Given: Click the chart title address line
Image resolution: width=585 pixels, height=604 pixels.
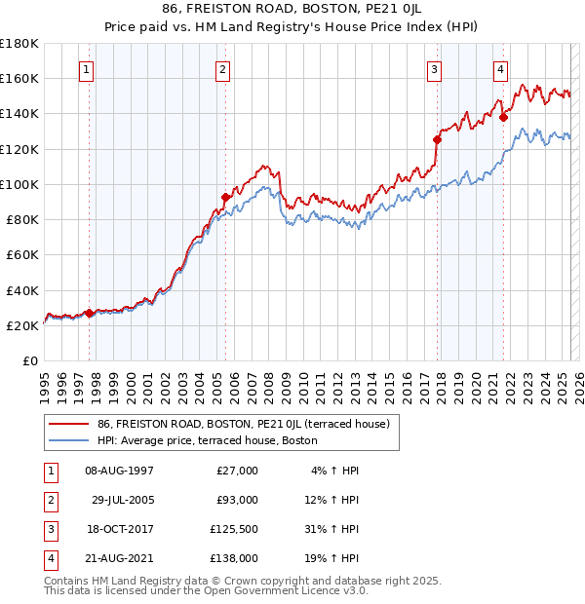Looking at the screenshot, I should (x=292, y=8).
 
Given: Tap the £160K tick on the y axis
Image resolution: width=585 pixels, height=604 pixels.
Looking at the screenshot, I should (x=19, y=78).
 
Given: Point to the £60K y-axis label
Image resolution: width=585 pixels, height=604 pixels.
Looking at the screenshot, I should (x=22, y=254).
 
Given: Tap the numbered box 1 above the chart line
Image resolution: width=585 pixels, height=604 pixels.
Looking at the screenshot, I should (x=88, y=69).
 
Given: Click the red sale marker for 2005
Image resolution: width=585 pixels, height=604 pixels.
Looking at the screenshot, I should (x=225, y=197).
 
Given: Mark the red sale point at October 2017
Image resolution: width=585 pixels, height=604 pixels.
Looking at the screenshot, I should (x=437, y=139).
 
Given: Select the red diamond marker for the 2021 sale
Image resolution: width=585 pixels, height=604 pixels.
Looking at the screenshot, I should (x=503, y=117).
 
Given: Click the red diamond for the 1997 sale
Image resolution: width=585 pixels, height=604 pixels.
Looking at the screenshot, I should (x=89, y=313).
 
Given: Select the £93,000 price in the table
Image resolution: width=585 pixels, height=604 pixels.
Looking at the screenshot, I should (x=235, y=500).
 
